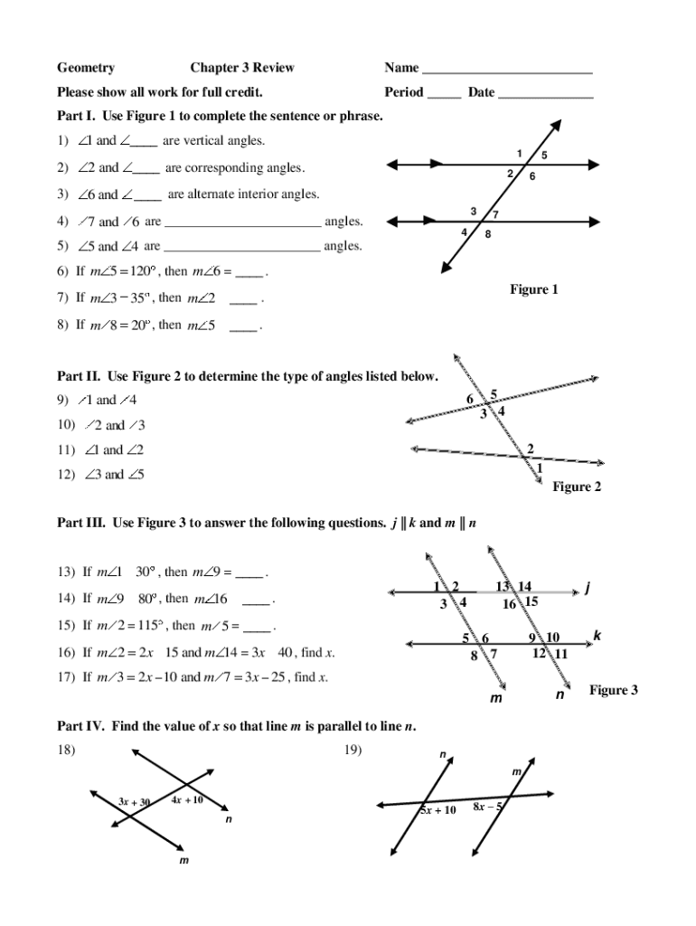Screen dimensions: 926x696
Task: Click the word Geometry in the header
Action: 86,68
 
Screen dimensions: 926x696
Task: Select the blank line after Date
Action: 545,93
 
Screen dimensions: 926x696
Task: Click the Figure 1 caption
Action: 533,289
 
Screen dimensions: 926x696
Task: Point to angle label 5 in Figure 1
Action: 544,156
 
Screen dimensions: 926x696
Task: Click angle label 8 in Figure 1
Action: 488,234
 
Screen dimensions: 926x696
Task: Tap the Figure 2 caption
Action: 577,487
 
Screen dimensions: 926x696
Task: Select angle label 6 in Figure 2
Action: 470,400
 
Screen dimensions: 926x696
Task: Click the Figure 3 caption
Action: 614,690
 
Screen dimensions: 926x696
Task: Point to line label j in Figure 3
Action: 588,589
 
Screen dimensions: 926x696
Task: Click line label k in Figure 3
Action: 597,636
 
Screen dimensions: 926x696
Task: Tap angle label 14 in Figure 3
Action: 524,587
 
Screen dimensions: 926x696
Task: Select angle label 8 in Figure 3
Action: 474,657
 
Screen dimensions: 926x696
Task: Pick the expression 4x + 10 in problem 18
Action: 187,799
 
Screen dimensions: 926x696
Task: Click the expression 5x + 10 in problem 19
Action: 438,810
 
